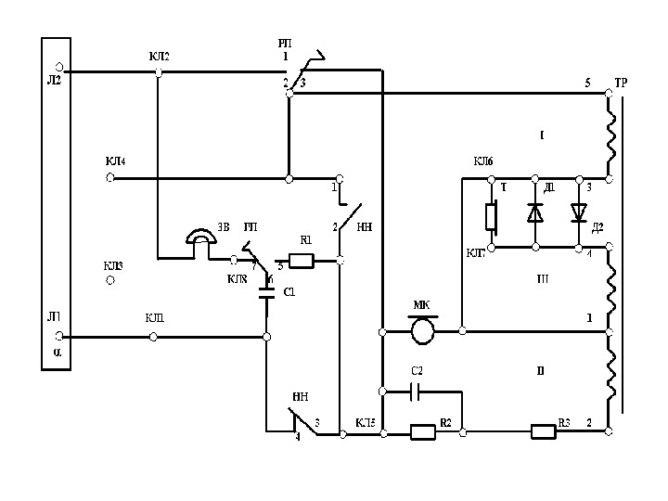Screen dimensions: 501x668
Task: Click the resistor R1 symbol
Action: (x=302, y=261)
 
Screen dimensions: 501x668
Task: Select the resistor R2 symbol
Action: (x=422, y=430)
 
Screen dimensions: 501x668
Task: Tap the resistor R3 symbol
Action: (x=543, y=430)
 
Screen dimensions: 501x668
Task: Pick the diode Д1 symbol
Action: (x=535, y=212)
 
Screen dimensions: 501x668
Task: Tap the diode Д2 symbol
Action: (x=580, y=212)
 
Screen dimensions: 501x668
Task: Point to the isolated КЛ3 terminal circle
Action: (x=110, y=279)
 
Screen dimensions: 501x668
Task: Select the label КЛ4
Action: (x=115, y=161)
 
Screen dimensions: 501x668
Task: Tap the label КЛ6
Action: (x=483, y=161)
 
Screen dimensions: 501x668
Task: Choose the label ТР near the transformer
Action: (x=621, y=83)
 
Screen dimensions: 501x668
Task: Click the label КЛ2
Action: (x=159, y=57)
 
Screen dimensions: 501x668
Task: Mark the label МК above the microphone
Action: (x=420, y=305)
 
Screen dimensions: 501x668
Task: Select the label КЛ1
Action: (x=155, y=318)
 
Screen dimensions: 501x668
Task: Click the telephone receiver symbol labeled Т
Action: (x=492, y=217)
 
